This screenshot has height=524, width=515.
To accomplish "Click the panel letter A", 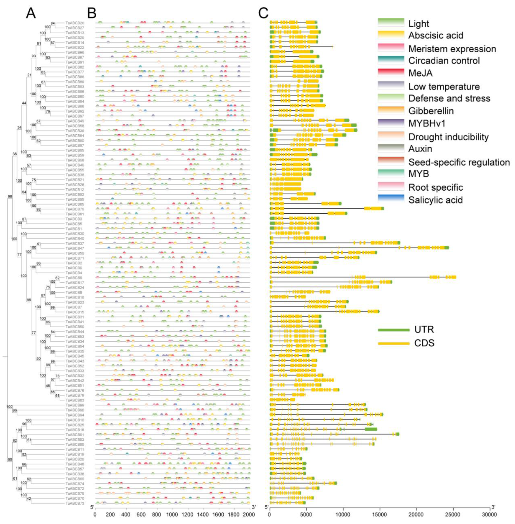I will click(x=31, y=13).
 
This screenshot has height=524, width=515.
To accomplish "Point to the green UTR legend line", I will click(x=394, y=330).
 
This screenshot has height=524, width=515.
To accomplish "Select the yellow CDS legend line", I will click(x=394, y=343).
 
